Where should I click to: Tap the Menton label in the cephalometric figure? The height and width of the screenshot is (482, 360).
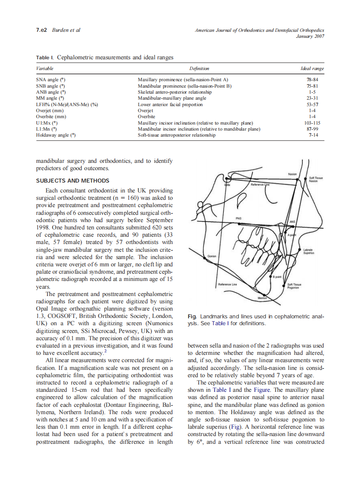click(x=262, y=298)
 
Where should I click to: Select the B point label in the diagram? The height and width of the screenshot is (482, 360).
click(x=277, y=277)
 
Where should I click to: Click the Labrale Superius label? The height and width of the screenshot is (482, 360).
click(x=308, y=251)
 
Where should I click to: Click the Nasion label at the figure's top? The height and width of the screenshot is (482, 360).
click(x=292, y=174)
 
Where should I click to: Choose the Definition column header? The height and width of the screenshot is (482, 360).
click(x=199, y=69)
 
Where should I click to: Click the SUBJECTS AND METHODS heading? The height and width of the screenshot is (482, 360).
click(x=73, y=180)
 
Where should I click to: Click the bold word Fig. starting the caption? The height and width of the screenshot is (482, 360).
click(x=192, y=316)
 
